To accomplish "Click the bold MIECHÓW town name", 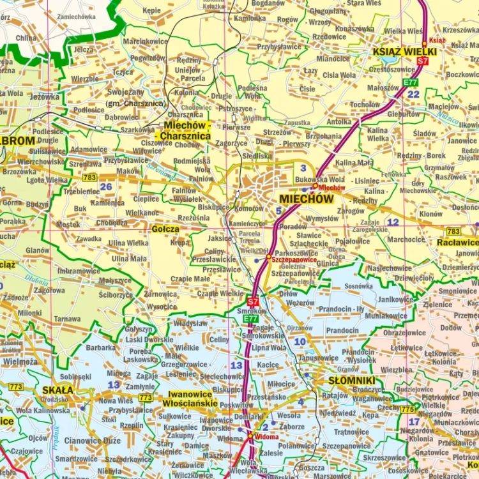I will tap(307, 199).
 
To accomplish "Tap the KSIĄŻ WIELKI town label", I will tap(404, 52).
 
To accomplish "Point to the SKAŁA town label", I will tap(57, 390).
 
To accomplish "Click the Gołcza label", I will tap(165, 228).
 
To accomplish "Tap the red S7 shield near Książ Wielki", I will tap(422, 61).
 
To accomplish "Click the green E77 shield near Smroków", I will tap(251, 319).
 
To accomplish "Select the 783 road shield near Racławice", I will tap(453, 231).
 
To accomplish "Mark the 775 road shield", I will tap(407, 409).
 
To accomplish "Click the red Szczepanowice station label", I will tap(294, 260).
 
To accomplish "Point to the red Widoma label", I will tap(266, 437).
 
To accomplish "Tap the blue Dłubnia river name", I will tap(36, 279).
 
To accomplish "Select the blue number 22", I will tap(414, 95).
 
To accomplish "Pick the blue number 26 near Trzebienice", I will tap(105, 186).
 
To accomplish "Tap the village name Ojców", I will tap(38, 438).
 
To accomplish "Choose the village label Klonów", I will tap(431, 214).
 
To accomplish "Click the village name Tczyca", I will tap(123, 73).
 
